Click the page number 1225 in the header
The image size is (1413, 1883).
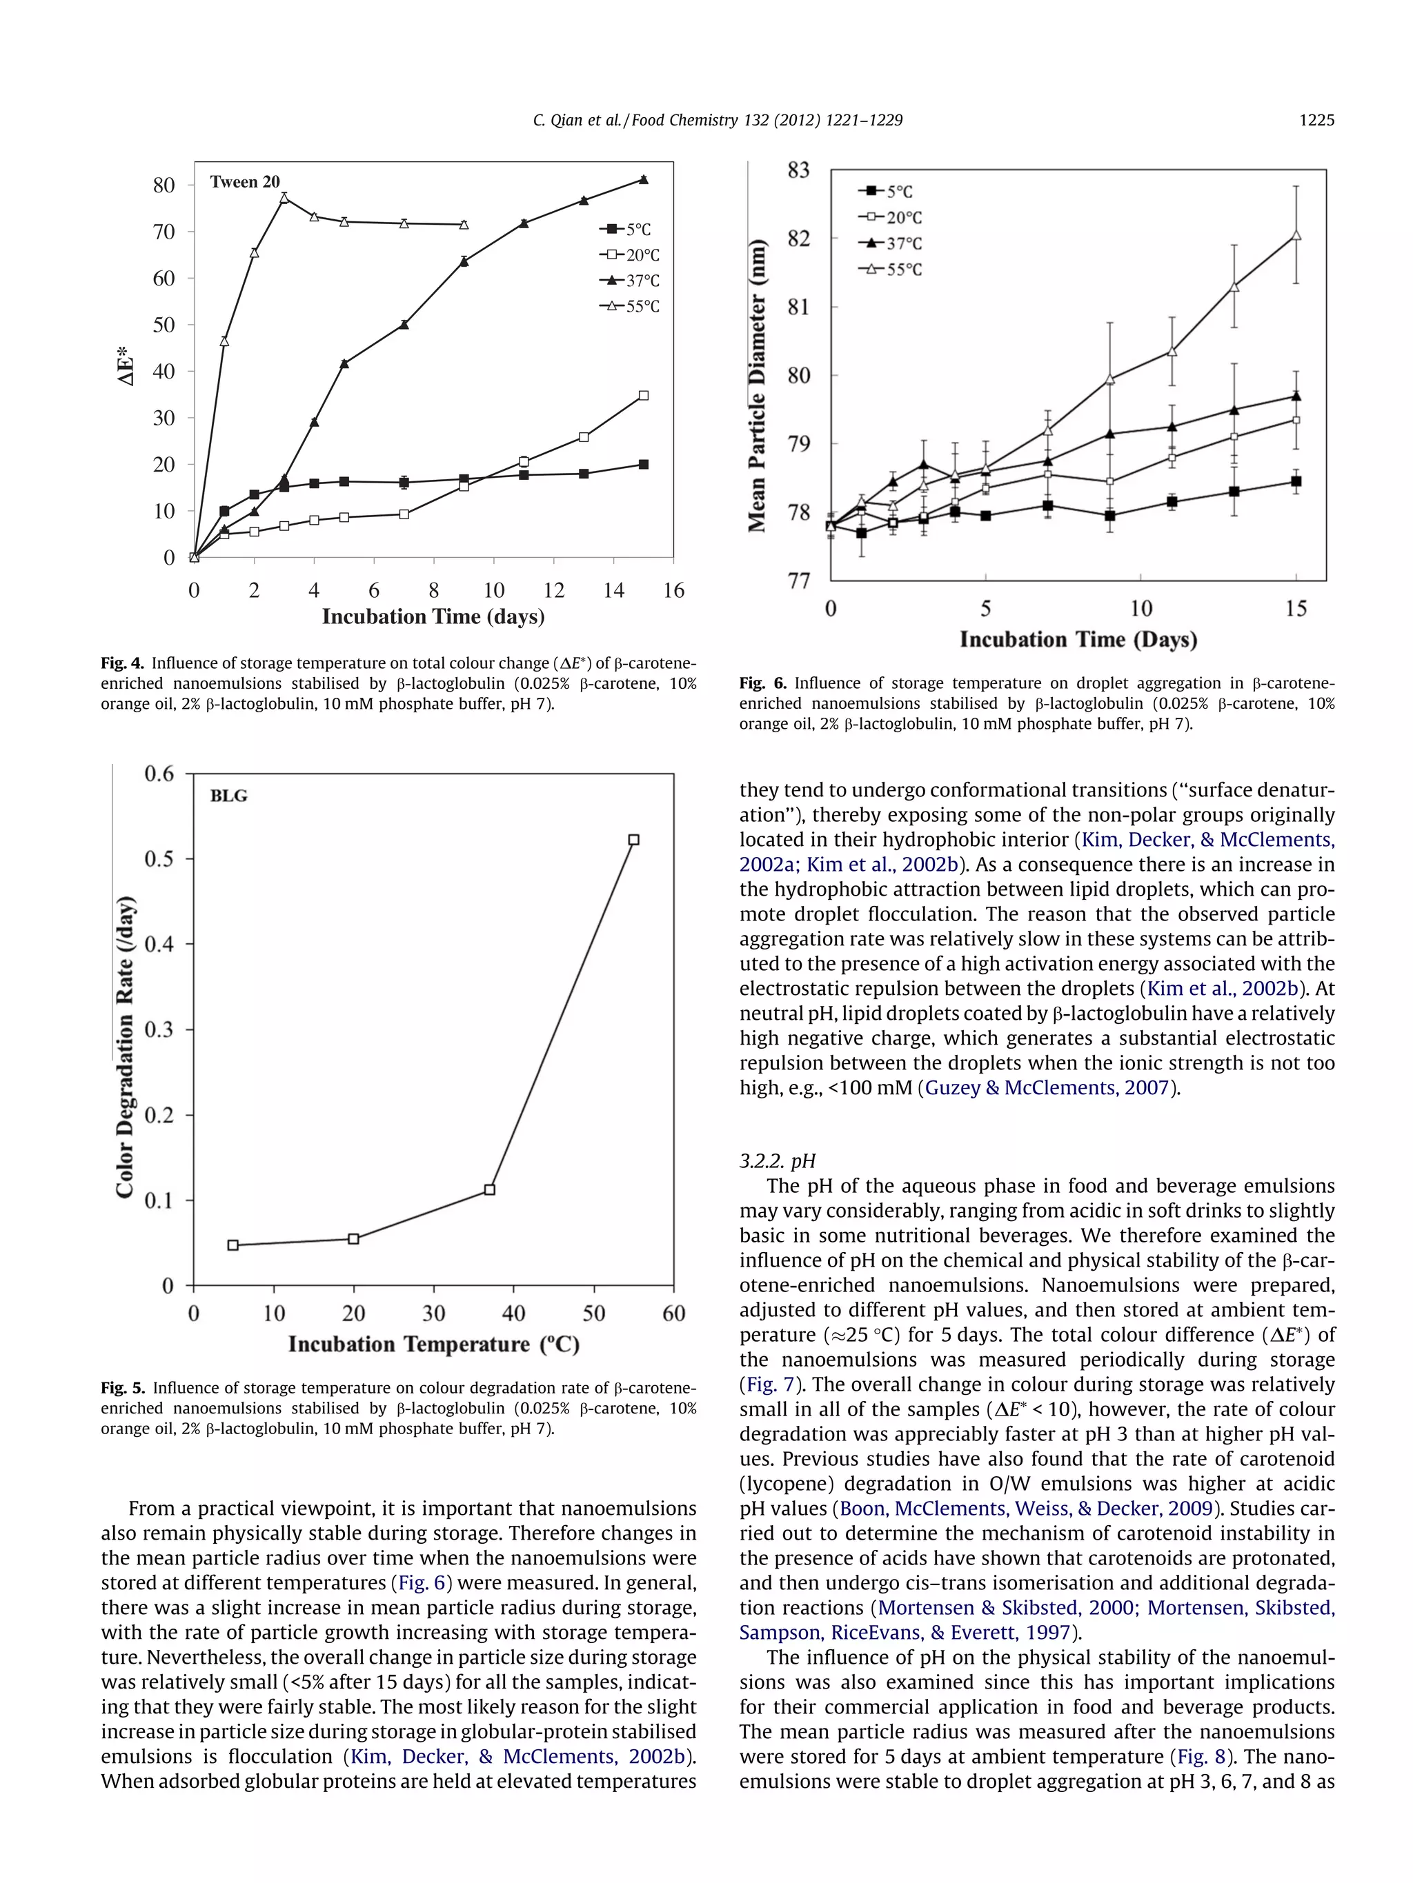tap(1316, 120)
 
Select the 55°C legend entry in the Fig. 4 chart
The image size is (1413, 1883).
tap(631, 306)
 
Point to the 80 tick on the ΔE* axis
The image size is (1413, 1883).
tap(164, 185)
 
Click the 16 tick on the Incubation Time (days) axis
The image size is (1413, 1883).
tap(673, 590)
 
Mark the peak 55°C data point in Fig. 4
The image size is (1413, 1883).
tap(284, 197)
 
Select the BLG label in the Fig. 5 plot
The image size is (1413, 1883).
tap(228, 796)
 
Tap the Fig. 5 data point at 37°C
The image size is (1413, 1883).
tap(490, 1189)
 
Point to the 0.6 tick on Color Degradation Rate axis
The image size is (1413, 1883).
tap(159, 773)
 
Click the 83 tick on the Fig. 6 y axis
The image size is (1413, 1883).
tap(798, 170)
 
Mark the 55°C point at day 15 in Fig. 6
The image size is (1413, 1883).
tap(1296, 235)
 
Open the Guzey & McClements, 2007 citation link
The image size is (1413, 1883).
tap(1047, 1087)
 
